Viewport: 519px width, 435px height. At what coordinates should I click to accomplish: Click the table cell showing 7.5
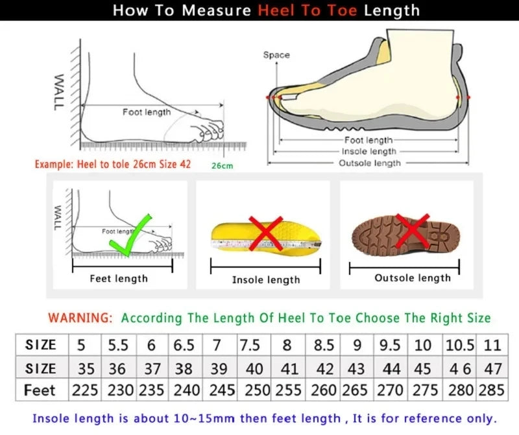pyautogui.click(x=251, y=345)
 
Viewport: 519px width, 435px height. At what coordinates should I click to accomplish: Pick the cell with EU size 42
pyautogui.click(x=323, y=368)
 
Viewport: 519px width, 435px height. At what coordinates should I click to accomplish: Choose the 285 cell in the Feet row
pyautogui.click(x=492, y=391)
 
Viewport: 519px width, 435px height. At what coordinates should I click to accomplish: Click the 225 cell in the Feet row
pyautogui.click(x=86, y=391)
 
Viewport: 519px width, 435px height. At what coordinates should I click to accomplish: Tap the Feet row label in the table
pyautogui.click(x=40, y=391)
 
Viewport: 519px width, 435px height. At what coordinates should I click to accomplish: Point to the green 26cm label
pyautogui.click(x=222, y=165)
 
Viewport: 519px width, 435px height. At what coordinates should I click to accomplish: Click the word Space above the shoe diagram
pyautogui.click(x=276, y=55)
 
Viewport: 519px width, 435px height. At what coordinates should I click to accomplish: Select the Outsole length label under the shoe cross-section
pyautogui.click(x=370, y=163)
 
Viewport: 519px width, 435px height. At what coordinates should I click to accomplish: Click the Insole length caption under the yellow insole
pyautogui.click(x=266, y=280)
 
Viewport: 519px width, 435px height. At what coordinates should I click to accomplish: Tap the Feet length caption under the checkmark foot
pyautogui.click(x=119, y=279)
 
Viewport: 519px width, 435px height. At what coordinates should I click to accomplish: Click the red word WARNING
pyautogui.click(x=80, y=318)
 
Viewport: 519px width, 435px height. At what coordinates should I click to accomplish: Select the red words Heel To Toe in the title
pyautogui.click(x=308, y=10)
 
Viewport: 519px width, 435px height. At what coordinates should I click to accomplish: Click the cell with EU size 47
pyautogui.click(x=492, y=368)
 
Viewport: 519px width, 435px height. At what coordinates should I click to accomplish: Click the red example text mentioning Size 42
pyautogui.click(x=113, y=164)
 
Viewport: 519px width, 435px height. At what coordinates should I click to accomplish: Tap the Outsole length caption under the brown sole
pyautogui.click(x=412, y=278)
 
